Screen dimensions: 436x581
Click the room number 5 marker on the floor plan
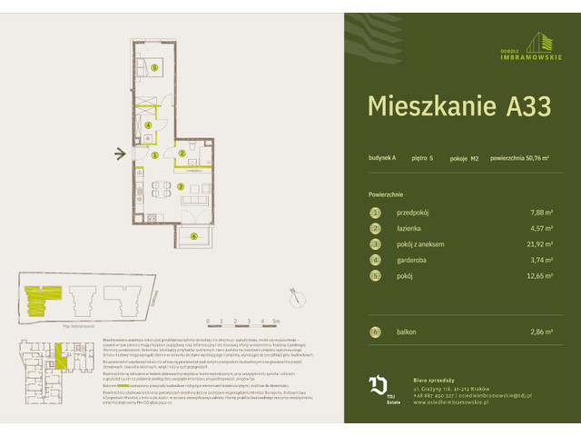click(154, 68)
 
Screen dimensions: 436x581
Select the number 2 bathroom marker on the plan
click(182, 154)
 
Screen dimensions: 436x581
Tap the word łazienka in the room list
click(411, 228)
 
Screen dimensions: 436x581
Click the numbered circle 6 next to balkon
click(374, 332)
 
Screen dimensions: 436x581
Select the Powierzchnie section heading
click(386, 194)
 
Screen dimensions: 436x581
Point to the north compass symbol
click(292, 293)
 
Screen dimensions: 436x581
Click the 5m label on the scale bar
click(275, 322)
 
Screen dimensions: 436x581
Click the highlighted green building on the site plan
click(38, 294)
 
